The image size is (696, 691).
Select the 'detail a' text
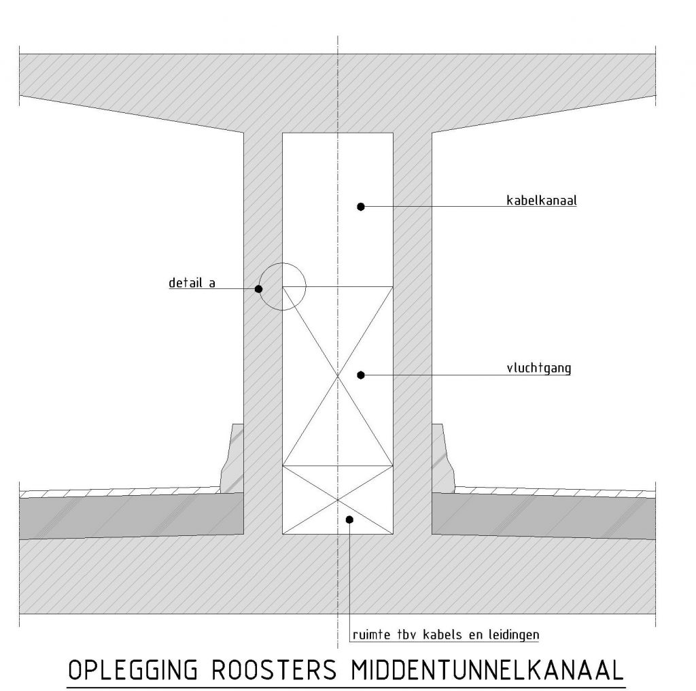[x=192, y=283]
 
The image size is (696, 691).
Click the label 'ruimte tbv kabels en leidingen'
[x=446, y=635]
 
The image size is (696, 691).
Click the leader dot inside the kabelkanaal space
[x=361, y=206]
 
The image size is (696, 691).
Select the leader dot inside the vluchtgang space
[x=361, y=374]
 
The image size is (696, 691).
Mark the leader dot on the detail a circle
[x=258, y=289]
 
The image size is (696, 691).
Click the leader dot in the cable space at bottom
[x=349, y=520]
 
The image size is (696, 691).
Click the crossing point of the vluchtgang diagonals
[x=338, y=375]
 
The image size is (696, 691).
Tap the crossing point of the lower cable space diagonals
[x=338, y=500]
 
